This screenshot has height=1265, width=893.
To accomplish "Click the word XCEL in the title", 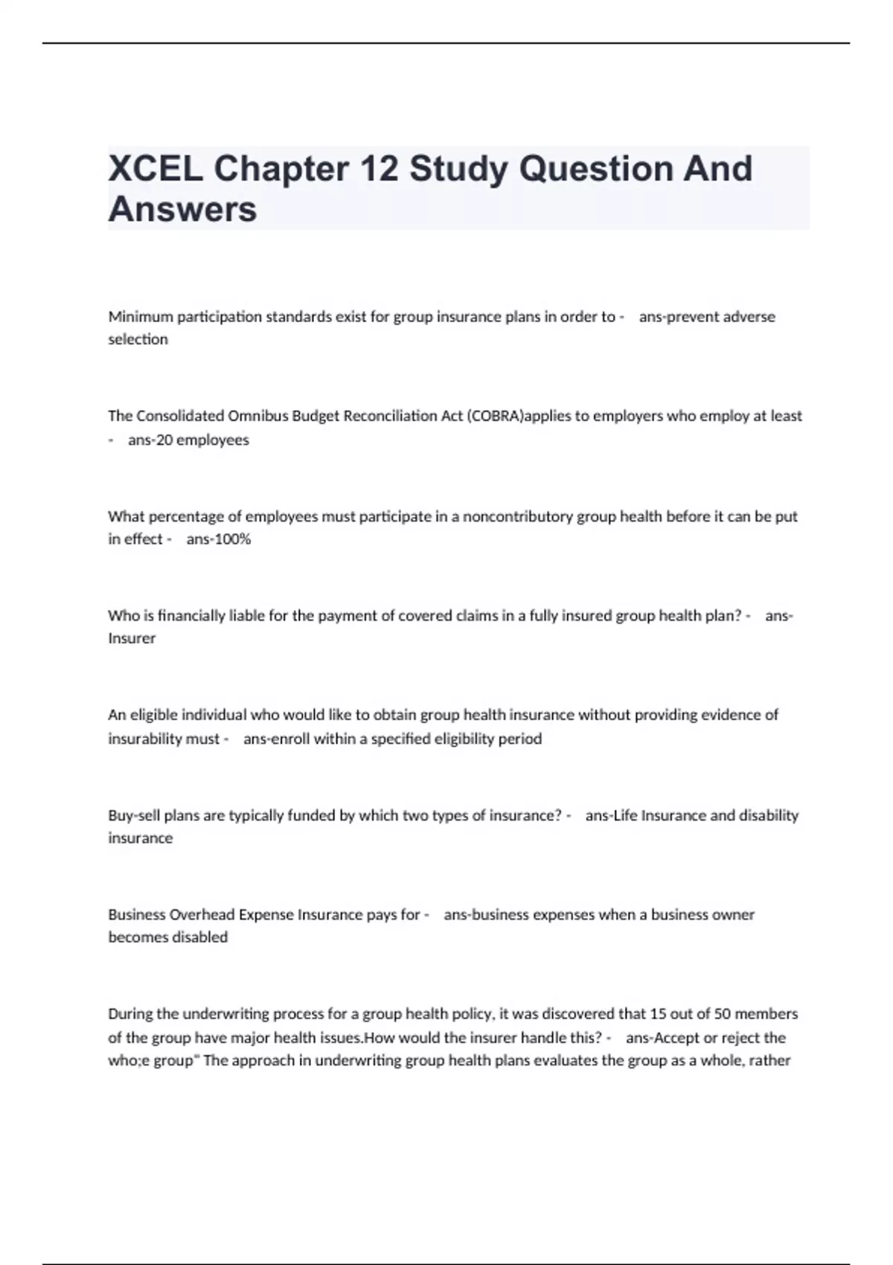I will pyautogui.click(x=155, y=169).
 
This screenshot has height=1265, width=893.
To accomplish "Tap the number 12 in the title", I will pyautogui.click(x=379, y=169).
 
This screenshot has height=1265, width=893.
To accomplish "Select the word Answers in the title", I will pyautogui.click(x=182, y=209).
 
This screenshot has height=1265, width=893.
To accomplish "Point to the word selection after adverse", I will pyautogui.click(x=138, y=339).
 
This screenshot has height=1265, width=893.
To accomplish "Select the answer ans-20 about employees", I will pyautogui.click(x=150, y=440).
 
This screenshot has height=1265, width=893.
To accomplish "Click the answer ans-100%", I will pyautogui.click(x=219, y=539).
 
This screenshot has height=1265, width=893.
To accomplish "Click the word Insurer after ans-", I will pyautogui.click(x=132, y=638).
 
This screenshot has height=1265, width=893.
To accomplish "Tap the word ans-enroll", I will pyautogui.click(x=276, y=739).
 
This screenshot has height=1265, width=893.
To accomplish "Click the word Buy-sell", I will pyautogui.click(x=134, y=816).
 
